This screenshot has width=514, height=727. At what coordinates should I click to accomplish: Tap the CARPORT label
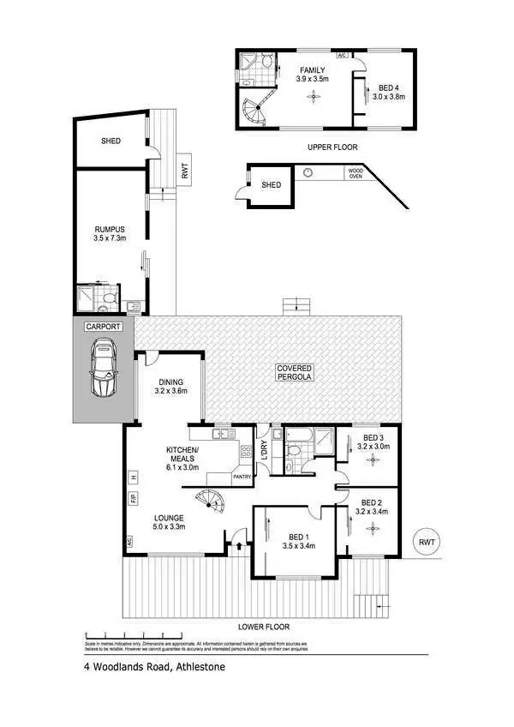(x=103, y=327)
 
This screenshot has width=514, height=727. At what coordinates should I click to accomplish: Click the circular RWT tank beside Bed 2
(x=426, y=542)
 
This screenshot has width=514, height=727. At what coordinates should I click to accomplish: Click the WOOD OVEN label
(x=356, y=174)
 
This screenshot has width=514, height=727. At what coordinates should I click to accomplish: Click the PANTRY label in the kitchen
(x=242, y=475)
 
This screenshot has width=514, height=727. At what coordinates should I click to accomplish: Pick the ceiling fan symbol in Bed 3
(x=373, y=460)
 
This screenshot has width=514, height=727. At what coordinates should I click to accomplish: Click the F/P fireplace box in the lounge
(x=133, y=497)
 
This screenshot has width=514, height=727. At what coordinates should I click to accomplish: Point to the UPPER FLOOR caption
(x=332, y=147)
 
